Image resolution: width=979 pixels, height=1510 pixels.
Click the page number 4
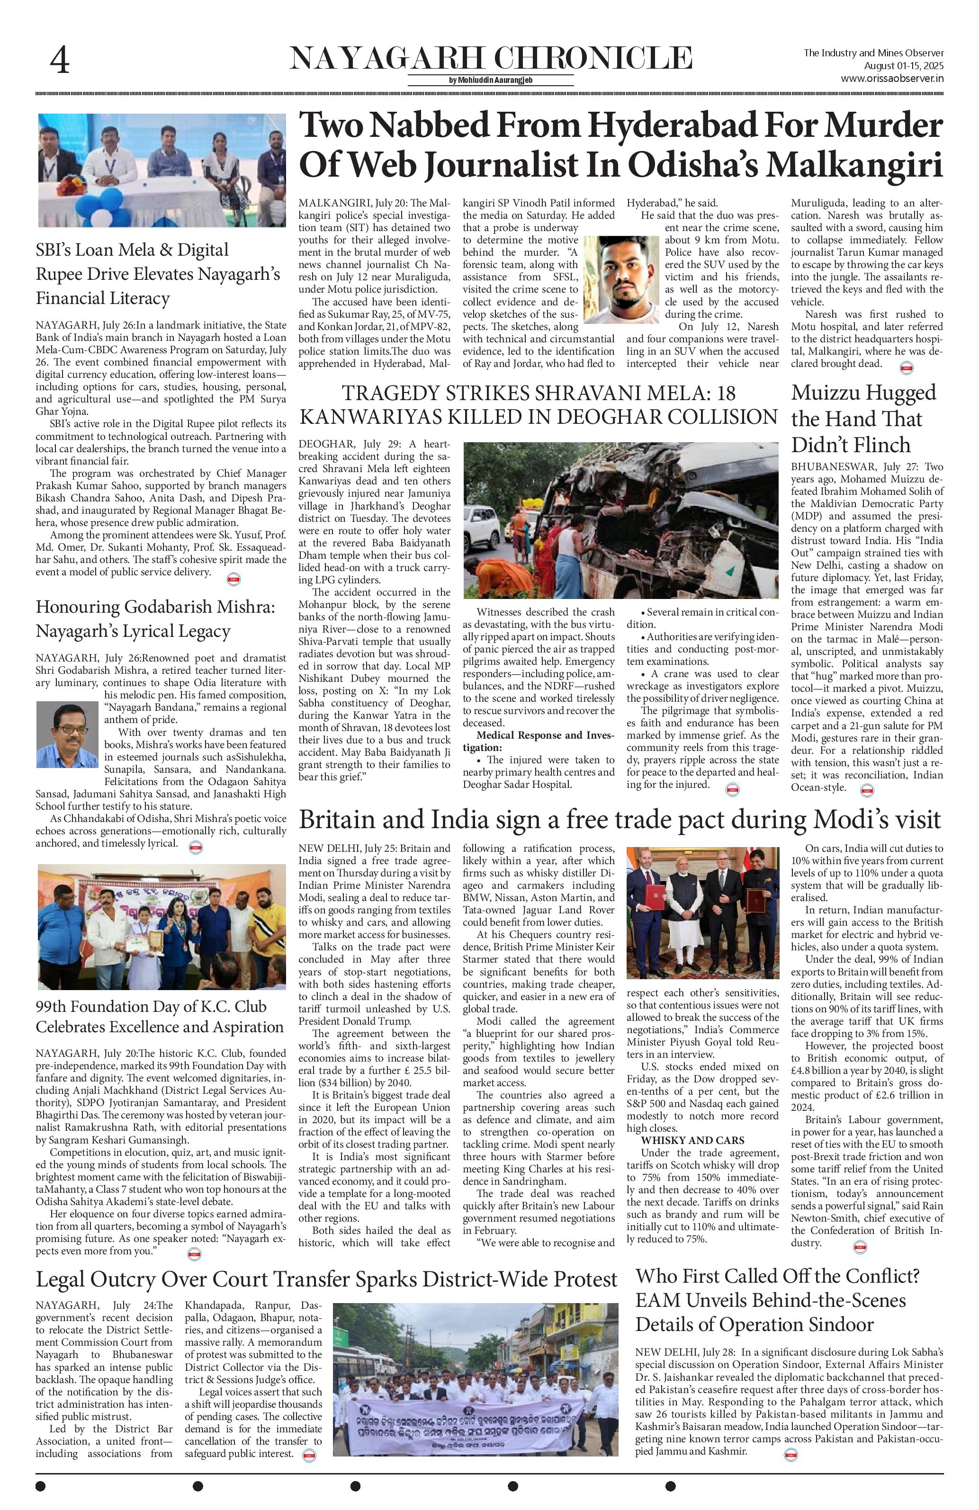(60, 62)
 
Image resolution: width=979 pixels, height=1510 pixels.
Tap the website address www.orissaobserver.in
(891, 79)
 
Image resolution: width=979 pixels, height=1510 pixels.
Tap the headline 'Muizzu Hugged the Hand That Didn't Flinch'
(863, 418)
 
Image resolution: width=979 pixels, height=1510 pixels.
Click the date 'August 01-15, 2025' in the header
(904, 66)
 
